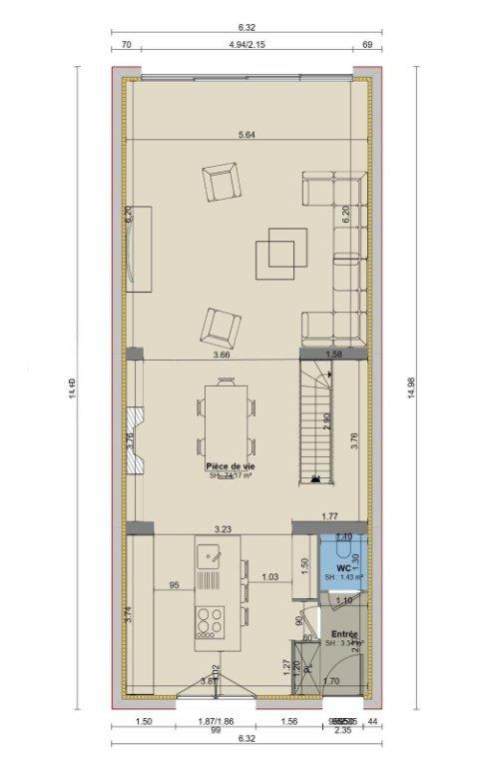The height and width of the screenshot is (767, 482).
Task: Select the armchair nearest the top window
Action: pyautogui.click(x=222, y=183)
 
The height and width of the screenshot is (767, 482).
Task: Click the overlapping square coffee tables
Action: pyautogui.click(x=276, y=253)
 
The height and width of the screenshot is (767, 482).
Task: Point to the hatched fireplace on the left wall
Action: pyautogui.click(x=136, y=439)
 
